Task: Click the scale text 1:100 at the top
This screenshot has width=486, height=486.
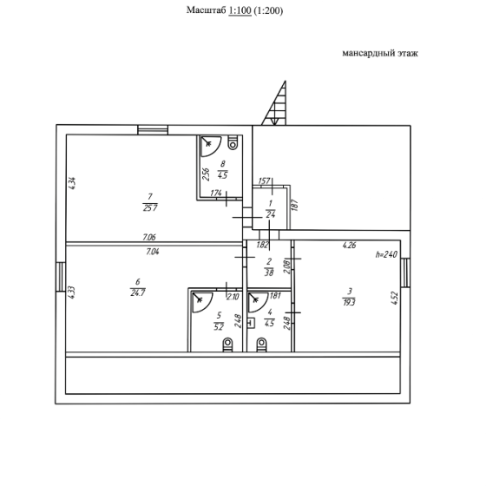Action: (240, 10)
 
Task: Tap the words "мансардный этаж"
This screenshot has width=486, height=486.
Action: (380, 53)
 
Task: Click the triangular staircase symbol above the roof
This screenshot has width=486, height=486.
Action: (274, 103)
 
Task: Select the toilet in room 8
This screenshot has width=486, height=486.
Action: (233, 142)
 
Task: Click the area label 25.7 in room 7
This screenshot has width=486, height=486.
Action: (150, 208)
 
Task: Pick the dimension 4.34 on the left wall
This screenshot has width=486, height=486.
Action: (71, 183)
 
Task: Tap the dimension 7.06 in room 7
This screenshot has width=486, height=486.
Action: (149, 238)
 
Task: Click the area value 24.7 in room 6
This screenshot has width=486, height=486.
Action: (138, 292)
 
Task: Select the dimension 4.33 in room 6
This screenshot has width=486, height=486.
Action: (71, 292)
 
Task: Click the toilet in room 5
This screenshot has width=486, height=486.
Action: (227, 345)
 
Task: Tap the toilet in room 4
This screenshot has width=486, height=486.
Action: (261, 345)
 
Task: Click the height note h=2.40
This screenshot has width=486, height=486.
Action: (386, 255)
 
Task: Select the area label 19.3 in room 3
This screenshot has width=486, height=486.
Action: (349, 302)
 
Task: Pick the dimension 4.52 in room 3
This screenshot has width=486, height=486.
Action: (395, 299)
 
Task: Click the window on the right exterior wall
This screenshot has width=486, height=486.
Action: (405, 273)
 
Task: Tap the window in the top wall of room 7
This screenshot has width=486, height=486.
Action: (153, 130)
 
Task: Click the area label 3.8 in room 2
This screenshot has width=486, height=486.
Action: (269, 273)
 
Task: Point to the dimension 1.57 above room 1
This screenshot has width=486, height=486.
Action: (264, 181)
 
